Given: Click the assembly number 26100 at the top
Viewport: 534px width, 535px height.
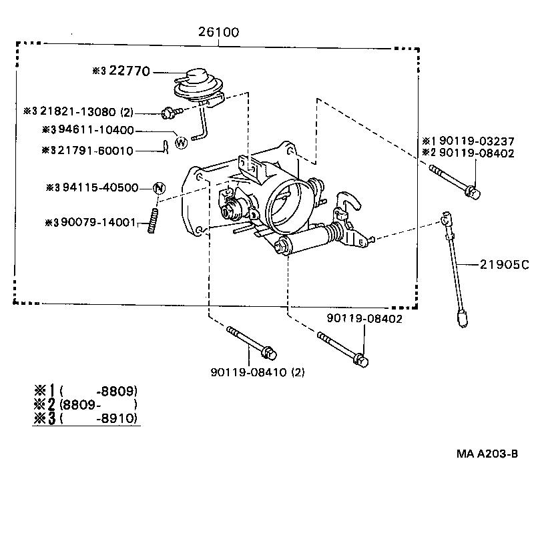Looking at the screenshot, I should click(x=218, y=32).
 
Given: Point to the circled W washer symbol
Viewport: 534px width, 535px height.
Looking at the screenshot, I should click(x=180, y=141).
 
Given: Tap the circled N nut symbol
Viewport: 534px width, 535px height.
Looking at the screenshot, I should click(x=159, y=188).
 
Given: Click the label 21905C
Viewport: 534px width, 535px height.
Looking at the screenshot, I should click(x=503, y=265).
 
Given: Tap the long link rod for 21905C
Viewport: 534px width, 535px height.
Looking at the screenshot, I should click(x=453, y=267).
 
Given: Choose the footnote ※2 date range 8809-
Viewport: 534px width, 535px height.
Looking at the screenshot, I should click(x=98, y=404).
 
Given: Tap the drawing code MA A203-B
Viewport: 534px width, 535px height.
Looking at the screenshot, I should click(x=487, y=454).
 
